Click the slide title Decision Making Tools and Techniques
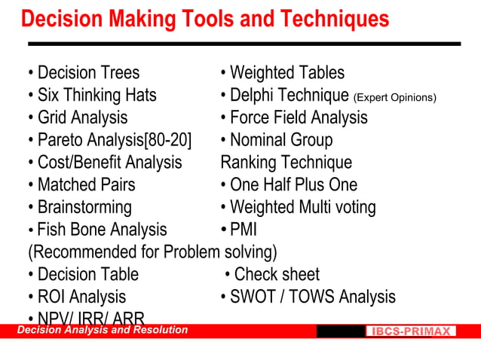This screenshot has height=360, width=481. [205, 19]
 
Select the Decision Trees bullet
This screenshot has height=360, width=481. [84, 73]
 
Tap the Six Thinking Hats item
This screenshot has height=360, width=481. [92, 96]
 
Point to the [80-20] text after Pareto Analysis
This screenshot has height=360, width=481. [167, 140]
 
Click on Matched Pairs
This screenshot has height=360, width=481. [81, 185]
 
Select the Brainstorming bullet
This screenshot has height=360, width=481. [79, 207]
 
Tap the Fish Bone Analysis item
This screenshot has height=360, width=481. [97, 230]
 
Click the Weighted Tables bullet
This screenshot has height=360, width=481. [283, 73]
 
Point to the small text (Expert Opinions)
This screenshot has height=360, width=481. [394, 97]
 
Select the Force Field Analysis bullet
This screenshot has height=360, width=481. [294, 117]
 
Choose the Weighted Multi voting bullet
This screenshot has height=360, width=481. [298, 207]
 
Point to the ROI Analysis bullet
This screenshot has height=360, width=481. [77, 297]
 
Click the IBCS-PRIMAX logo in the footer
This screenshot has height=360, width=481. [412, 331]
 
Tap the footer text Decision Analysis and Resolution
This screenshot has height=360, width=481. [103, 330]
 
